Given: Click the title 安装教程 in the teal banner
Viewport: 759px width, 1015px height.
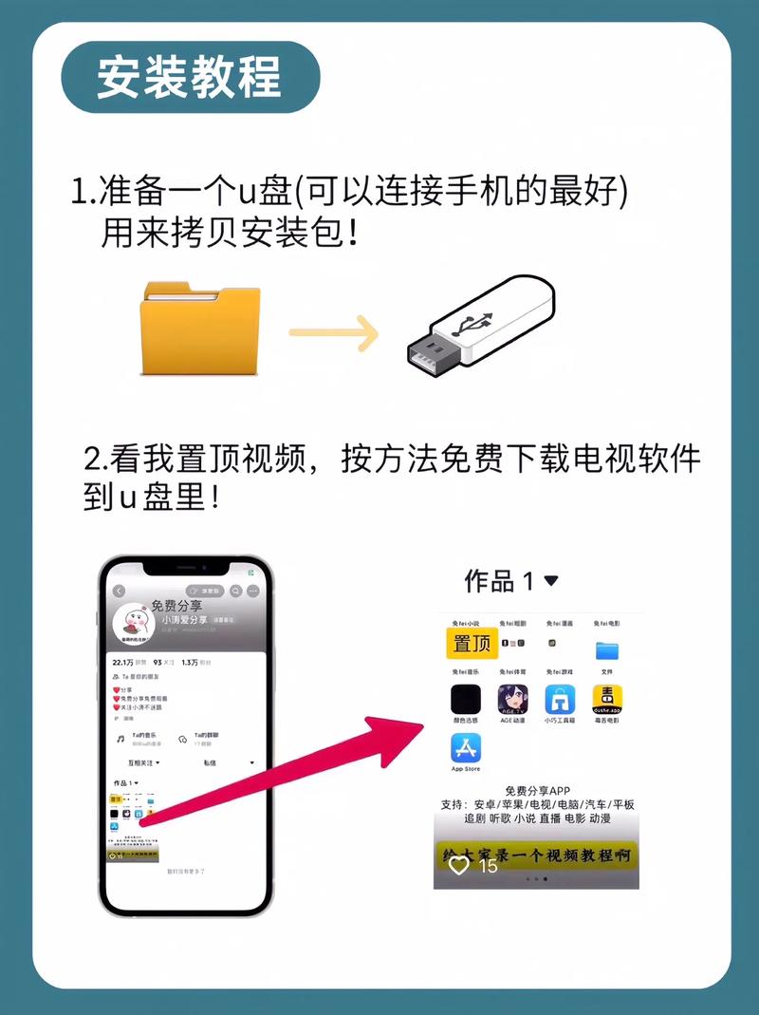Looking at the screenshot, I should coord(189,77).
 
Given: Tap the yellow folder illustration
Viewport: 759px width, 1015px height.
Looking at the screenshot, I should coord(199,328).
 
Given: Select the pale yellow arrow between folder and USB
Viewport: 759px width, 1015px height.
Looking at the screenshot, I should coord(333,332).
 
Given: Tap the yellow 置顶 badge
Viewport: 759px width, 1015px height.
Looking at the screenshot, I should coord(472,643).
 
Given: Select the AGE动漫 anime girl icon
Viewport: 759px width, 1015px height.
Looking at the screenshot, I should coord(513,701).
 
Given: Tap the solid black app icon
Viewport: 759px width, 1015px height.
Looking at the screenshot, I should coord(466,701).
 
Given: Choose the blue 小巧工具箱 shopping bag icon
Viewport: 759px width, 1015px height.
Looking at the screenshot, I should coord(560,701).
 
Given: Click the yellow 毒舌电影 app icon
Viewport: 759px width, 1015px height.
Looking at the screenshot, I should coord(607,701).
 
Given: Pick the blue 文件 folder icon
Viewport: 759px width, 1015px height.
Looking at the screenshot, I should coord(607,650).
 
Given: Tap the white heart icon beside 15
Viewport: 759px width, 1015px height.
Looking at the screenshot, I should coord(459,865).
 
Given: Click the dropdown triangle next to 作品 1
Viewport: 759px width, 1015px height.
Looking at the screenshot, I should coord(551,580).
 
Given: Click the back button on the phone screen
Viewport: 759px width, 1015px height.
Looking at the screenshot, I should coord(120,591).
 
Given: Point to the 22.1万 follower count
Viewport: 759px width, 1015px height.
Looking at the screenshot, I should coord(123,662).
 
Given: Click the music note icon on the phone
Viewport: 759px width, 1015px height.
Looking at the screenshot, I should coord(120,737).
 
